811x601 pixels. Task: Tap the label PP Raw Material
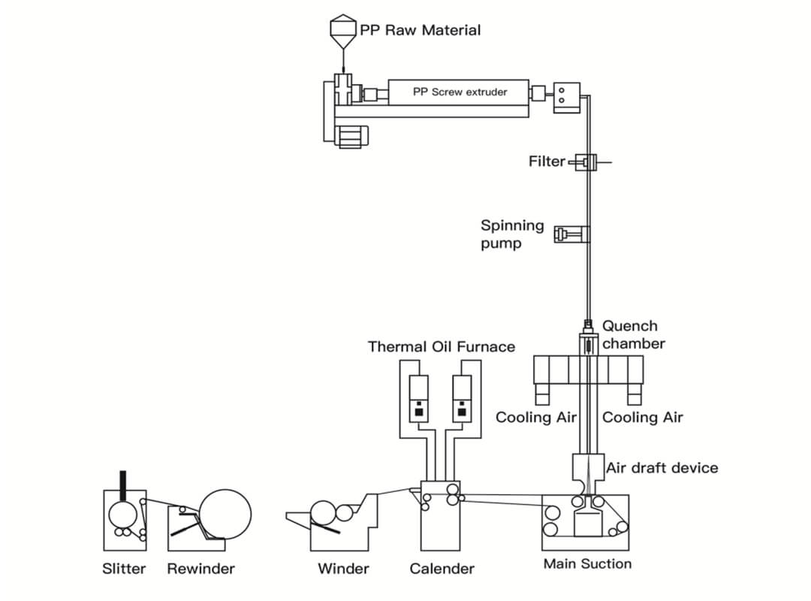click(x=421, y=30)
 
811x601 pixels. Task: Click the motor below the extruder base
click(x=350, y=135)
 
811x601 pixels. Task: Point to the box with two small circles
click(x=566, y=95)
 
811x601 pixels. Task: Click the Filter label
click(x=546, y=162)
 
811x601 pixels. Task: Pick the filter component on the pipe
click(x=585, y=162)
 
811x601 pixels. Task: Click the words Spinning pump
click(x=512, y=234)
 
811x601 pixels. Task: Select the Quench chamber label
click(x=633, y=334)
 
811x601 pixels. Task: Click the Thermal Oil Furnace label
click(x=442, y=346)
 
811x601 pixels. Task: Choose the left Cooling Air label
click(x=535, y=417)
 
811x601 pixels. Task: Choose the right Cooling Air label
click(x=643, y=417)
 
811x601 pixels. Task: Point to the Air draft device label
click(x=662, y=468)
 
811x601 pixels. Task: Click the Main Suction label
click(x=587, y=563)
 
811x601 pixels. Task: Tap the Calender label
click(x=442, y=569)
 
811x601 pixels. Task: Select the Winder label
click(x=343, y=569)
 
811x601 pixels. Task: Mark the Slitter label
click(x=124, y=569)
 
